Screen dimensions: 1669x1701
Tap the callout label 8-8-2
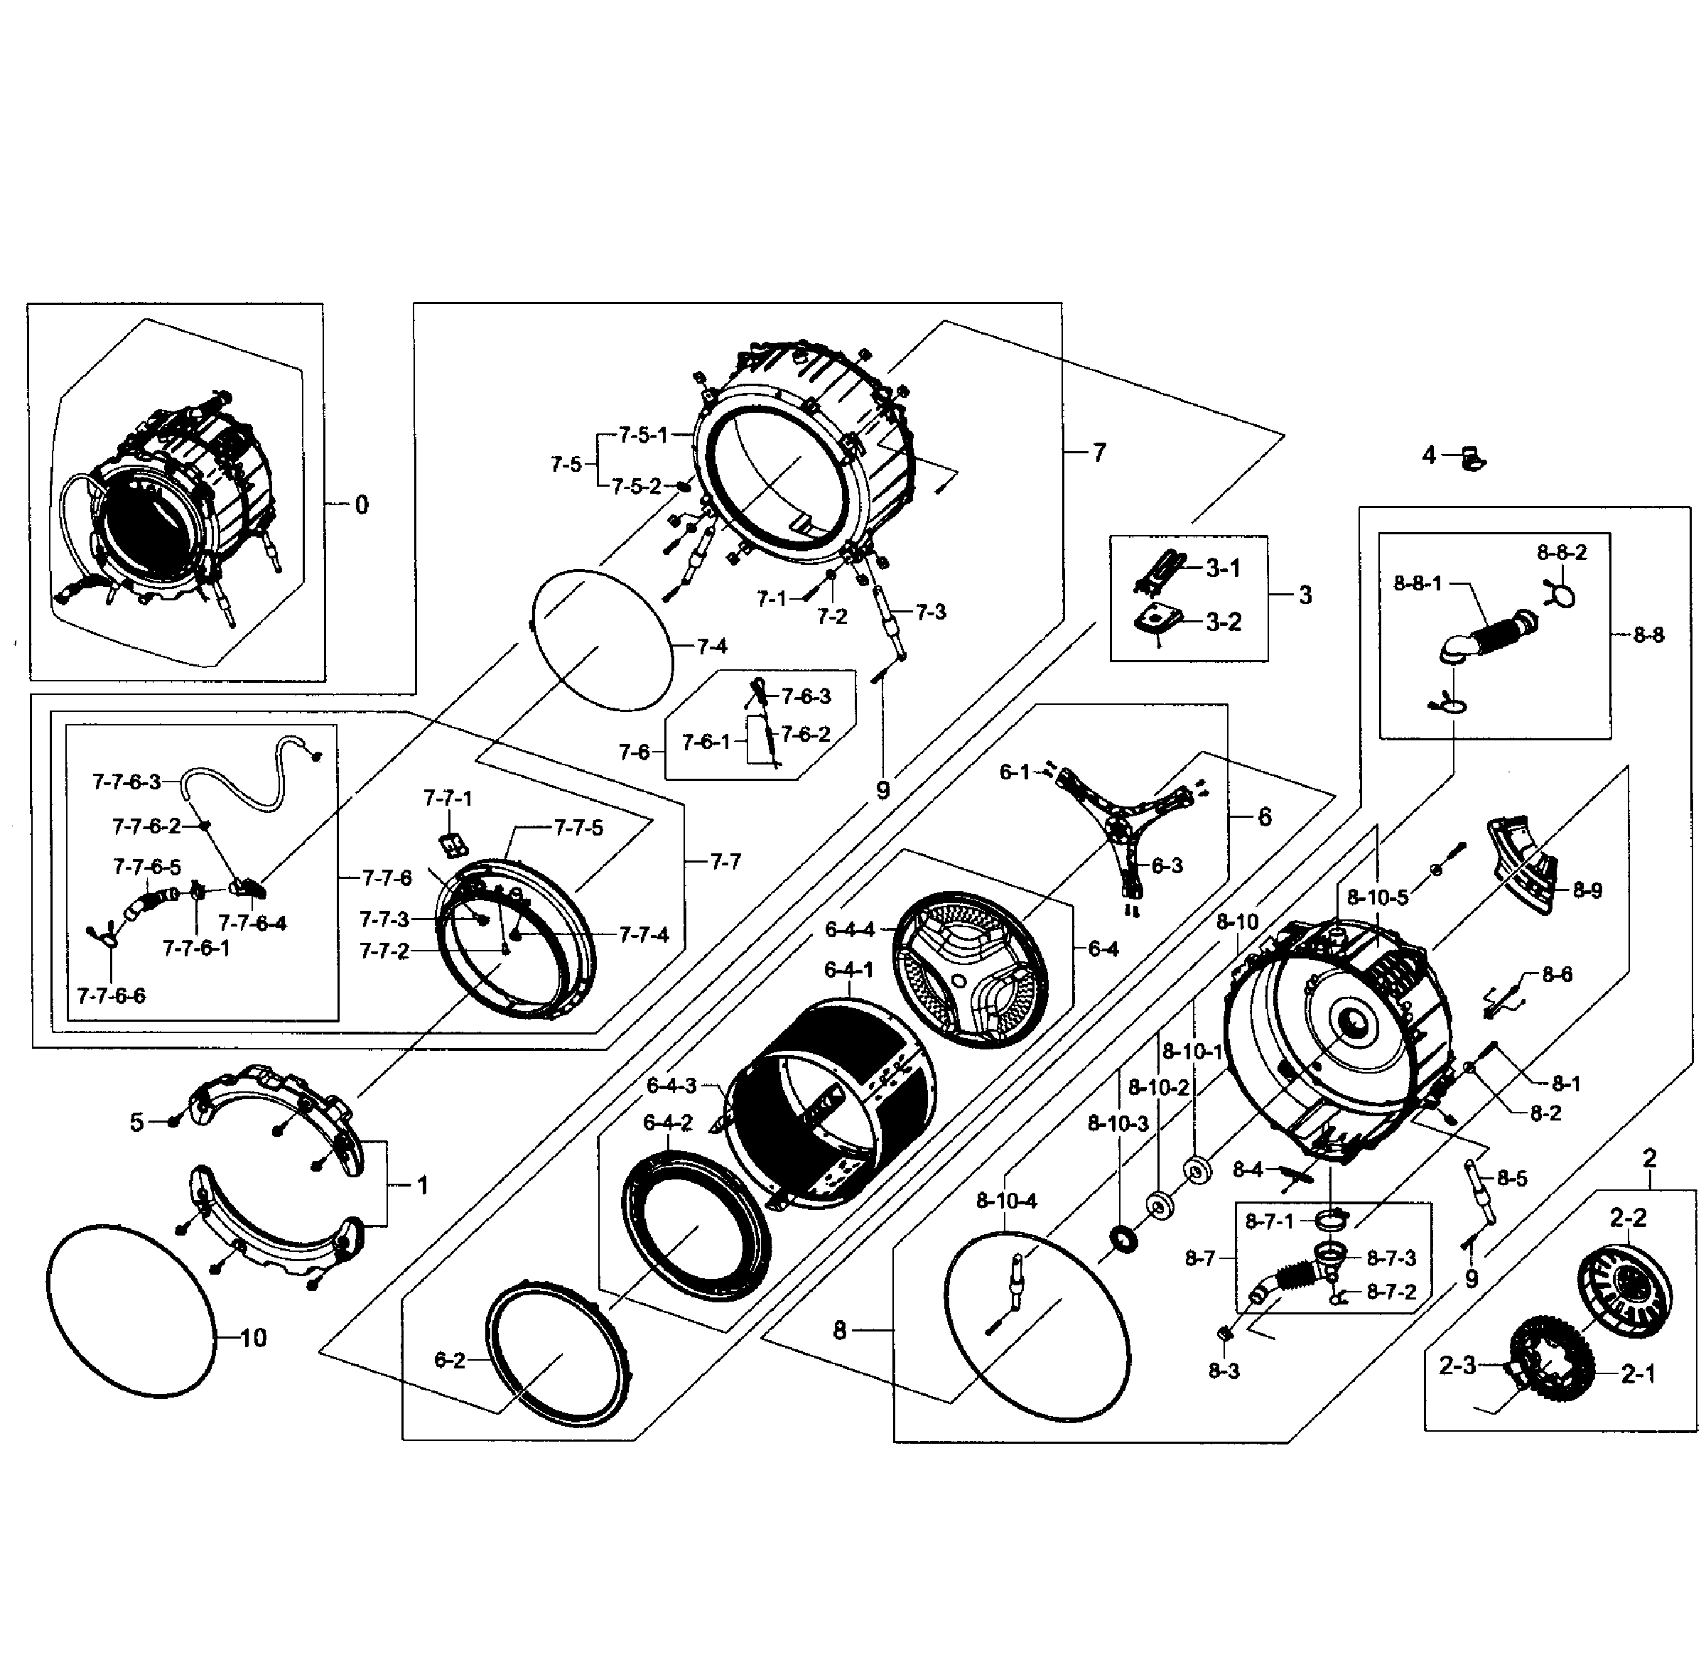pos(1562,552)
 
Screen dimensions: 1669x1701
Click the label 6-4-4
pos(849,929)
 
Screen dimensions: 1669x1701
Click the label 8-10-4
pos(1007,1201)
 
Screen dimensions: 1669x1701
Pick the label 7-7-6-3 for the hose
pos(126,781)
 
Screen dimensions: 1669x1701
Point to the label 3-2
pos(1223,622)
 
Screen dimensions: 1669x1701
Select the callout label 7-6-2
pos(805,734)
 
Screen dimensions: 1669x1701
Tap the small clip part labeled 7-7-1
pos(453,844)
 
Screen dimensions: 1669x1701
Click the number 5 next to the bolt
pos(137,1122)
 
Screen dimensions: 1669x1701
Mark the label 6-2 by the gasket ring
pos(449,1359)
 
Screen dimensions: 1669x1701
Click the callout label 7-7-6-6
pos(112,995)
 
